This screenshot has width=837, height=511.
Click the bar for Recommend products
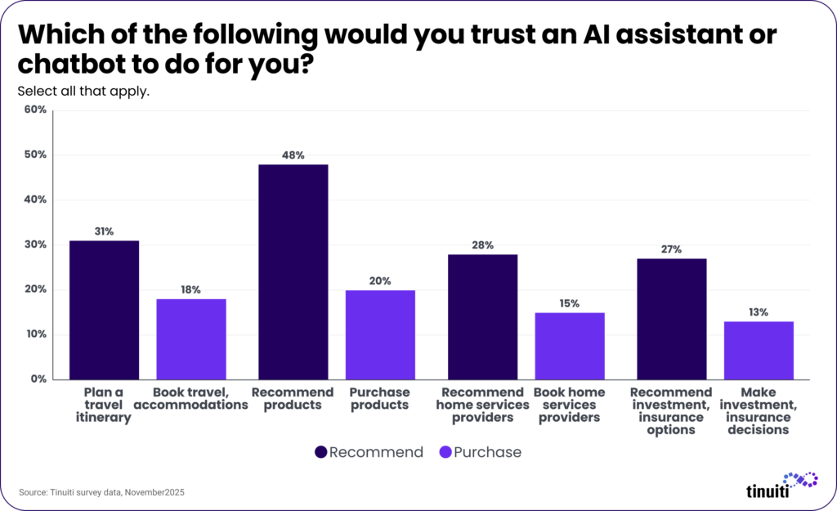pyautogui.click(x=293, y=271)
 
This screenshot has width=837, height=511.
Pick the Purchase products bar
pyautogui.click(x=380, y=334)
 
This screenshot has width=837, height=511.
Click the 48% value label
pyautogui.click(x=293, y=155)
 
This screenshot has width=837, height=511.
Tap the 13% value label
pyautogui.click(x=759, y=312)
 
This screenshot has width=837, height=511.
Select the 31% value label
pyautogui.click(x=104, y=231)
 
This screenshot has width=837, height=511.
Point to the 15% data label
pyautogui.click(x=570, y=303)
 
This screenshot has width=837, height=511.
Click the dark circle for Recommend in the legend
pyautogui.click(x=320, y=452)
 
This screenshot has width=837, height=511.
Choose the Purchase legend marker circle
pyautogui.click(x=445, y=452)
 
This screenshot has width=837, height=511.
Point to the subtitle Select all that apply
pyautogui.click(x=83, y=91)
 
